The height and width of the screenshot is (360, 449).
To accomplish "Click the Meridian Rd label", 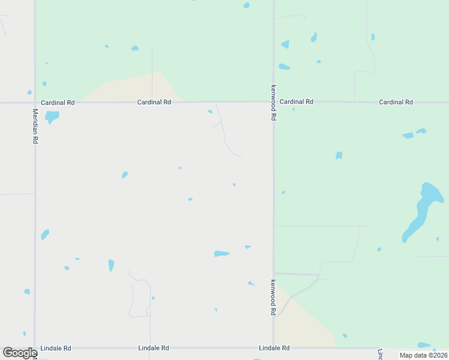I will pos(35,126).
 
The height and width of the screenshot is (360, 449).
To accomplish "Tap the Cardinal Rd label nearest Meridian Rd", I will pos(58,103).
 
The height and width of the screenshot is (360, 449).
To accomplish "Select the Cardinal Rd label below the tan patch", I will pos(154,103).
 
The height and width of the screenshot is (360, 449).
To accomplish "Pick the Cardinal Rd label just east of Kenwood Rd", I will pos(297,102).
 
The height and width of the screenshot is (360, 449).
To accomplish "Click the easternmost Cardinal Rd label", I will pos(396,102).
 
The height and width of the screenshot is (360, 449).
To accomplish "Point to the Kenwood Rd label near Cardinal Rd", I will pos(273,103).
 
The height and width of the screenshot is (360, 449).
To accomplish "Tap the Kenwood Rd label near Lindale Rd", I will pos(273,298).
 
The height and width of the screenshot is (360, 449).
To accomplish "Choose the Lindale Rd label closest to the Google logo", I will pos(56,348).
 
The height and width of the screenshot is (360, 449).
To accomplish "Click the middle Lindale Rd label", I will pos(154,348).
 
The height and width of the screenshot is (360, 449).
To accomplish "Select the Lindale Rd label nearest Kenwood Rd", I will pos(274,348).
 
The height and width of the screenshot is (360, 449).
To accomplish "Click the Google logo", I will pos(20,353).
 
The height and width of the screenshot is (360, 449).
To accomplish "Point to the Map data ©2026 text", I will pos(423,355).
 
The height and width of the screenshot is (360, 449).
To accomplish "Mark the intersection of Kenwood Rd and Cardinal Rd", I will pos(274,102).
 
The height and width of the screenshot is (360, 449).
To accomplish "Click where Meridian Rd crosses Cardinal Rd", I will pos(35,103).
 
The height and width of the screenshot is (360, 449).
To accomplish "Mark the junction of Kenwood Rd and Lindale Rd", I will pos(274,348).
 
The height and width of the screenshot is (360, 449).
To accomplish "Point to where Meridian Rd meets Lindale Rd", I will pos(35,348).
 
